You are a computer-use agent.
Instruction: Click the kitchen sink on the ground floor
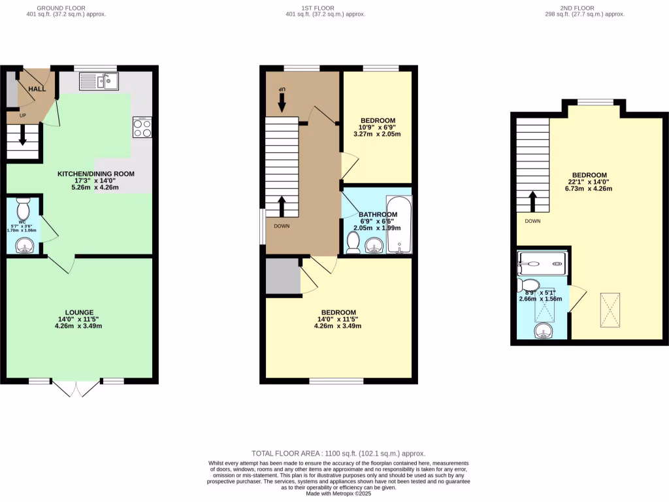(x=98, y=81)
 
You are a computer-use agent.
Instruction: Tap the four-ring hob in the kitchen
(x=142, y=127)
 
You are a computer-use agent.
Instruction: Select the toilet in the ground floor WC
(x=24, y=210)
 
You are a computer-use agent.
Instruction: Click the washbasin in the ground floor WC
(x=24, y=246)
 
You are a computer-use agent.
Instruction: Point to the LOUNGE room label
(x=79, y=312)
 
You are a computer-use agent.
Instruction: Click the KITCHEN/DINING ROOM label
(x=96, y=174)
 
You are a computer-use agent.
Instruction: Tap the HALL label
(x=37, y=89)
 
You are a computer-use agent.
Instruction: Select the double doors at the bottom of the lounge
(x=76, y=388)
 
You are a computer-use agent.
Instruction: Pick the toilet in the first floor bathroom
(x=353, y=243)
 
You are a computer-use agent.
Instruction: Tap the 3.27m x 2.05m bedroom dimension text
(x=377, y=134)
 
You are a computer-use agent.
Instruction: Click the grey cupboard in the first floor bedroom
(x=282, y=276)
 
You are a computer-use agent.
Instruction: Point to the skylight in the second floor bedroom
(x=610, y=309)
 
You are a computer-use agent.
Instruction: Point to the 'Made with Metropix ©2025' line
(x=338, y=494)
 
